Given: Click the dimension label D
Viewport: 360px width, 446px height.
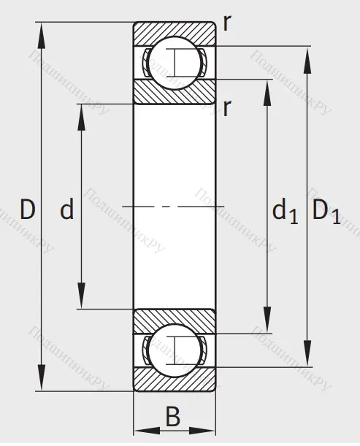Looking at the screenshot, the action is tap(28, 209).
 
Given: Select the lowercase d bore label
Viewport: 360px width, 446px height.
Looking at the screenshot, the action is tap(67, 208).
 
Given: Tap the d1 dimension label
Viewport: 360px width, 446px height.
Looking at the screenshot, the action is tap(285, 211).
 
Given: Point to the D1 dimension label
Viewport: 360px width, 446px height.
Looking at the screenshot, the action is tap(326, 212).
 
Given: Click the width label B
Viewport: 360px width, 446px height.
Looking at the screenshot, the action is tap(173, 417).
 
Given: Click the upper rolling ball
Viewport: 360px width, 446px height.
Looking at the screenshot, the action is tap(175, 63).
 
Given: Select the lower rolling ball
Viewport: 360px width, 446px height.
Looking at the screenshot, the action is tap(175, 350).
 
